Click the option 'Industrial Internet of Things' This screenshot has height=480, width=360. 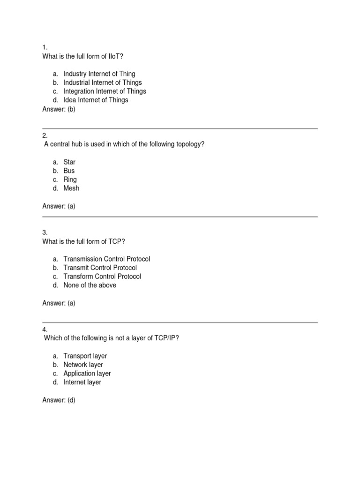pyautogui.click(x=103, y=82)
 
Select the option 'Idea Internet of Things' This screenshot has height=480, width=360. pyautogui.click(x=96, y=100)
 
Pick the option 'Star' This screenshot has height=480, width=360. pyautogui.click(x=69, y=162)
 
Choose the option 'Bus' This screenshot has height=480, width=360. pyautogui.click(x=69, y=171)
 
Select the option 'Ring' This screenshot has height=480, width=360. pyautogui.click(x=70, y=180)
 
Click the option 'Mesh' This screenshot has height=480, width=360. pyautogui.click(x=71, y=188)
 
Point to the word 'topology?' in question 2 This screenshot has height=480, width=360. pyautogui.click(x=190, y=144)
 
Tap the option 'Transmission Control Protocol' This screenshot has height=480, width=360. pyautogui.click(x=107, y=259)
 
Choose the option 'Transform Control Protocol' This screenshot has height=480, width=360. pyautogui.click(x=102, y=277)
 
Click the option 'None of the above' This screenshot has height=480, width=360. pyautogui.click(x=90, y=285)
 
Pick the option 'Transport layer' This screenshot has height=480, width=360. pyautogui.click(x=85, y=356)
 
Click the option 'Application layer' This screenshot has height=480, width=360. pyautogui.click(x=87, y=374)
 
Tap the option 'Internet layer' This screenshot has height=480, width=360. pyautogui.click(x=82, y=382)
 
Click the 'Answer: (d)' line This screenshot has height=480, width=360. pyautogui.click(x=59, y=400)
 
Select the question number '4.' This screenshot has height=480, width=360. pyautogui.click(x=45, y=330)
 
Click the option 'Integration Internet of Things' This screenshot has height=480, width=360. pyautogui.click(x=105, y=91)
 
